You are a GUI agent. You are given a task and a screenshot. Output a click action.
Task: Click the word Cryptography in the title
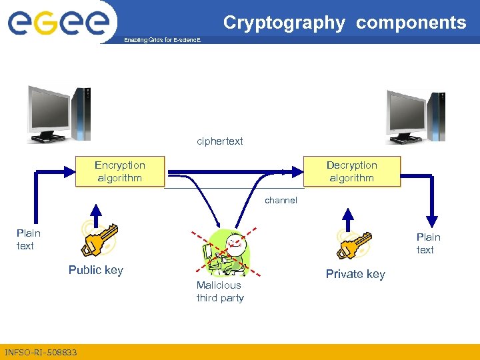tap(284, 23)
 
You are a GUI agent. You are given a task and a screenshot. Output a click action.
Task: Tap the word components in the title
tap(411, 23)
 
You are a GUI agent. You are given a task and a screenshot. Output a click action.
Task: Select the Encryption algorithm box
tap(120, 172)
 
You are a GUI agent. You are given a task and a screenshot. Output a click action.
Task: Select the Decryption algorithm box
tap(351, 172)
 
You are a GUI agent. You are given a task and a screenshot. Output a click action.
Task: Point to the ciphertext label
tap(220, 141)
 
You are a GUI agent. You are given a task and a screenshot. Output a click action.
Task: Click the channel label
tap(281, 200)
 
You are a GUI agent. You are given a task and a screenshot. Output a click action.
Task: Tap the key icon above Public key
tap(99, 239)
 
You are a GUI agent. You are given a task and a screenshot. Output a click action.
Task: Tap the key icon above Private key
tap(353, 243)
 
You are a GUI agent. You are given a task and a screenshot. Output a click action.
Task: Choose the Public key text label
tap(95, 270)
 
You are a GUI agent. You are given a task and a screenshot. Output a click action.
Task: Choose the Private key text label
tap(355, 274)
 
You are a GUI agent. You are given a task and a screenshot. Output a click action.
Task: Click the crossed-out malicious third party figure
tap(229, 253)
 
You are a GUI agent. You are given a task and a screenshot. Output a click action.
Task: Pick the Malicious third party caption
tap(220, 291)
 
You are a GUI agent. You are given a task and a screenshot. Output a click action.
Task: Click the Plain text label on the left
tap(29, 239)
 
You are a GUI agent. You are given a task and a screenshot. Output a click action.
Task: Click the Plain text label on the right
tap(428, 243)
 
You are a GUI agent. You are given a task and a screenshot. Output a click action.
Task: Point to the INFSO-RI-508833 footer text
tap(41, 352)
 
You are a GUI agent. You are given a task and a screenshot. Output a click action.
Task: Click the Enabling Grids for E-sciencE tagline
tap(162, 41)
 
